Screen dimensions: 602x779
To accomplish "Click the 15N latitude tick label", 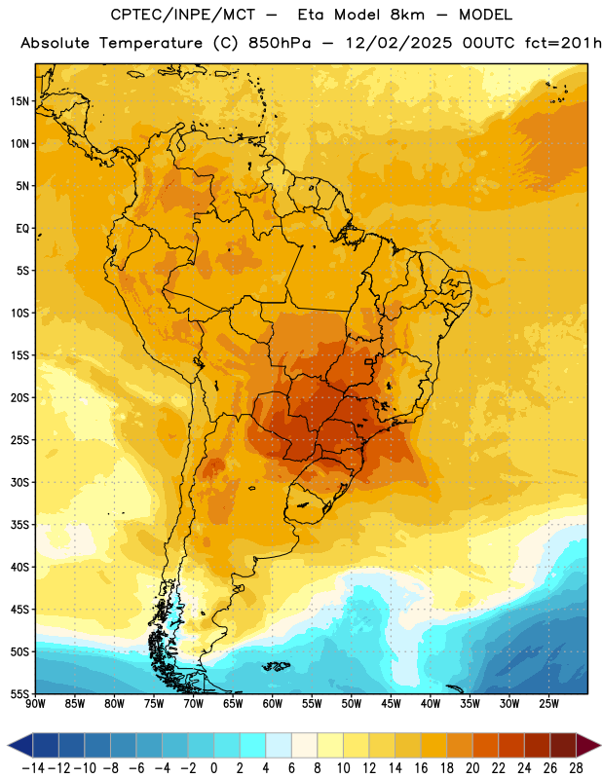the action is click(x=19, y=101).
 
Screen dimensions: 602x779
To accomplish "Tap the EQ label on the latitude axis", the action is click(x=22, y=229).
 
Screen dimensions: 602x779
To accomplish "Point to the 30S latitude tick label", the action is click(x=19, y=482).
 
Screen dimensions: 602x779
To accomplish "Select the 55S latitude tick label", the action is click(x=19, y=693).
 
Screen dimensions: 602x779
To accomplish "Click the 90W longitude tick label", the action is click(x=36, y=704).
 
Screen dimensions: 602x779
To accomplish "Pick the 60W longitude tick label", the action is click(x=273, y=704).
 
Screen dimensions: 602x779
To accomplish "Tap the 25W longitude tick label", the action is click(x=548, y=704).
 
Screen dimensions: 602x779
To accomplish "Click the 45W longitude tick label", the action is click(x=391, y=704).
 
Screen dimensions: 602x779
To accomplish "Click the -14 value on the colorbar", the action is click(x=33, y=768).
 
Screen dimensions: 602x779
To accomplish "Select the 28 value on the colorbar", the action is click(x=576, y=768).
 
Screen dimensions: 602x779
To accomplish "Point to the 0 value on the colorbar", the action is click(x=213, y=768).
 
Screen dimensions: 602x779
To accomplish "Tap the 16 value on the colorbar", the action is click(x=421, y=768).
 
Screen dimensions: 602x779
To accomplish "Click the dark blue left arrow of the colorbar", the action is click(x=20, y=745).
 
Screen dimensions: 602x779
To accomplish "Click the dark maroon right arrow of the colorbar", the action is click(x=588, y=745).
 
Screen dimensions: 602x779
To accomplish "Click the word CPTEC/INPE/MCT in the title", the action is click(x=183, y=15).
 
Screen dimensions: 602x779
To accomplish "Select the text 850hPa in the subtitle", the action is click(x=280, y=43).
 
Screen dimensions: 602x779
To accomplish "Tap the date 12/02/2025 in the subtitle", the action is click(x=399, y=43).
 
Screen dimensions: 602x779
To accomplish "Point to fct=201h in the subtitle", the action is click(x=563, y=43).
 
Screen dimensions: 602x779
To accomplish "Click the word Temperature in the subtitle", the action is click(x=151, y=44).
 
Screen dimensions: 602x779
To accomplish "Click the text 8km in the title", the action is click(x=407, y=15).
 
